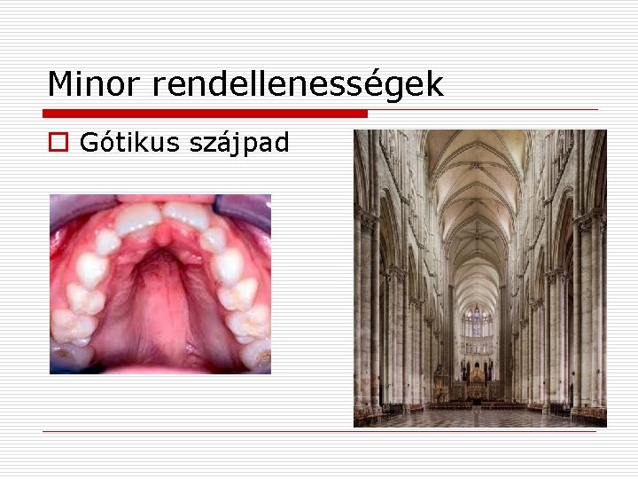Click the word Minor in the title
(95, 84)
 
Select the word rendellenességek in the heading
(297, 84)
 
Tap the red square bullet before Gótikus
(58, 142)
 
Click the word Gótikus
(128, 142)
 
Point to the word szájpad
(239, 143)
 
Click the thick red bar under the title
(204, 114)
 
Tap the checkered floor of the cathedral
(478, 418)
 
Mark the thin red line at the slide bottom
(319, 432)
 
